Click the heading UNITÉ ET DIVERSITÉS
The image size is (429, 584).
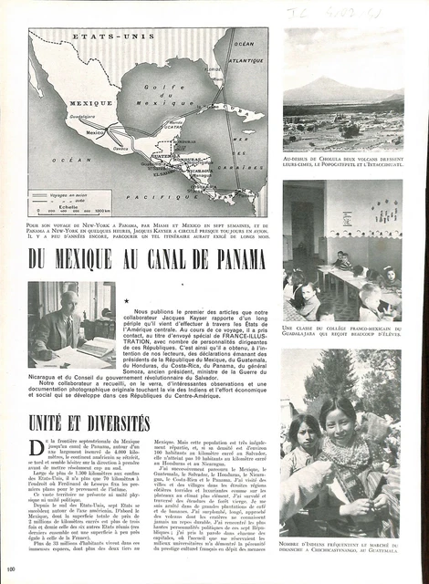click(x=89, y=422)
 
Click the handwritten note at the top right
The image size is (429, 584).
click(x=344, y=13)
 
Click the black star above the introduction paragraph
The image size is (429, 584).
click(x=125, y=297)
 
